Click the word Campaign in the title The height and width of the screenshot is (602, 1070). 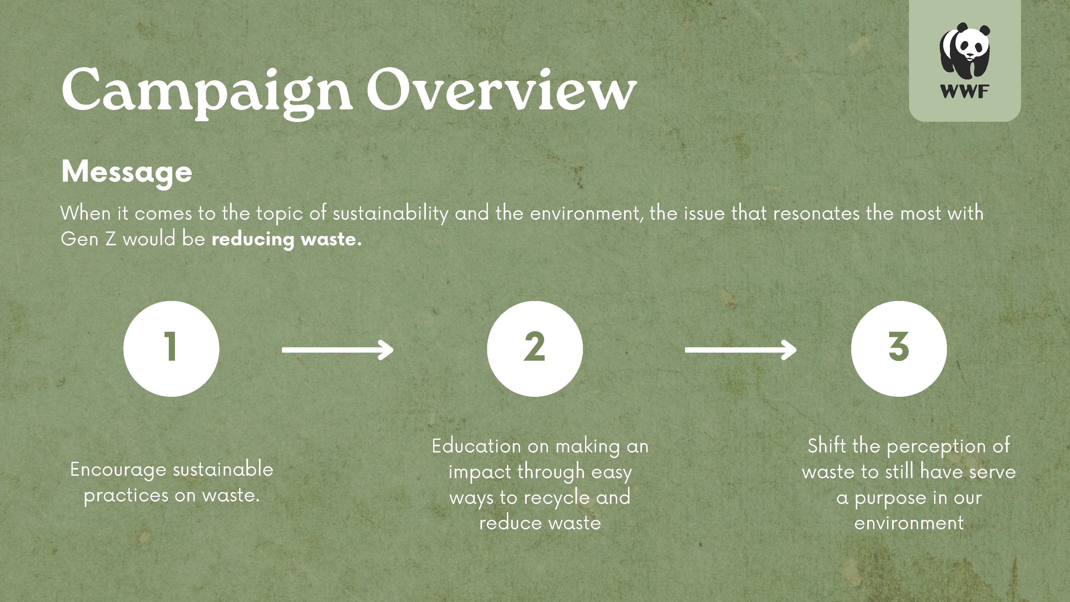(207, 92)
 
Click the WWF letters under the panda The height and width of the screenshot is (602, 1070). (965, 92)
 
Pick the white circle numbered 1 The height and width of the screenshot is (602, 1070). (171, 349)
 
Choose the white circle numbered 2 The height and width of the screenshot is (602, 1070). (535, 349)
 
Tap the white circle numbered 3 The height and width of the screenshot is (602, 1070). (899, 349)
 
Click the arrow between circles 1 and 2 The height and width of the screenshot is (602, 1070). (337, 350)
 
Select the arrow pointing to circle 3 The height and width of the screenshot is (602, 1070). (741, 350)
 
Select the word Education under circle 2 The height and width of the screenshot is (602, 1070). (476, 447)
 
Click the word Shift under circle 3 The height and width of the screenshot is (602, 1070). (827, 447)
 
